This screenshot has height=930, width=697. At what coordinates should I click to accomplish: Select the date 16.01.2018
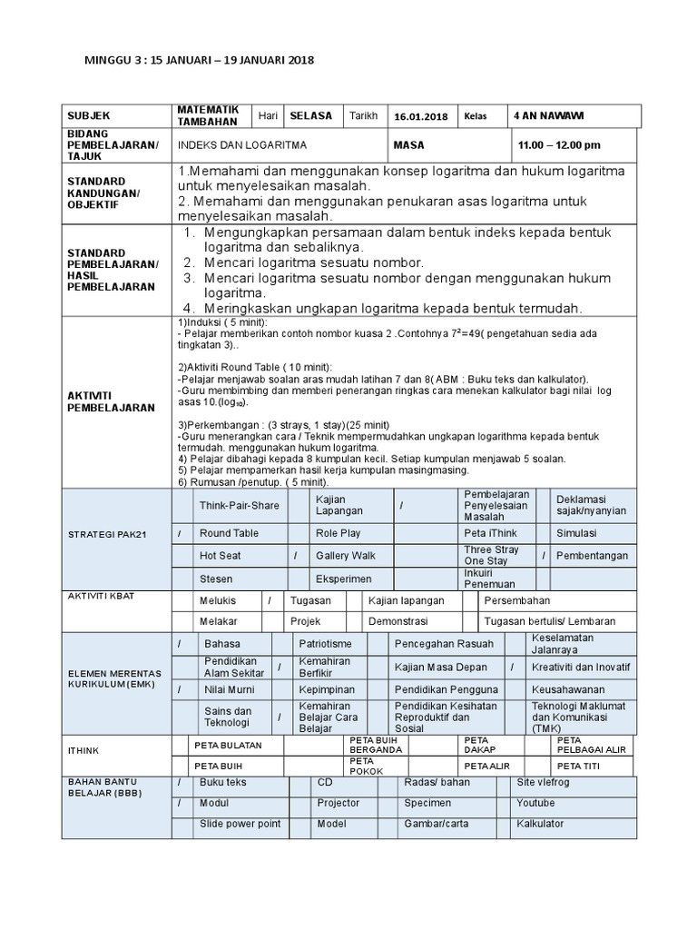421,117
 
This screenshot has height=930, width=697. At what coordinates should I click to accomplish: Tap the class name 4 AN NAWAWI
549,116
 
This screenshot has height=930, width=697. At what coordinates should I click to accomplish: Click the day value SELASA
310,116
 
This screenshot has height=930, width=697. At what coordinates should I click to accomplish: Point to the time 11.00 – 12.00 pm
559,145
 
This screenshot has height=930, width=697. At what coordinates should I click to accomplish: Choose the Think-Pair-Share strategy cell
240,505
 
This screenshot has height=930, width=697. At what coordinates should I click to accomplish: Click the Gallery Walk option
346,555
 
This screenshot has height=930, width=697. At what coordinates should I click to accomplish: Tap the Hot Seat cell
221,555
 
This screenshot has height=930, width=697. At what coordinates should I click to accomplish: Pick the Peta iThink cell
491,533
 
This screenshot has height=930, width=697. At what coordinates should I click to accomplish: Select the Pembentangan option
593,555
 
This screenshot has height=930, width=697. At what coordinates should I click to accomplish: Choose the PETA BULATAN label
228,746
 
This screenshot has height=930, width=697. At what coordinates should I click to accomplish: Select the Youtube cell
535,803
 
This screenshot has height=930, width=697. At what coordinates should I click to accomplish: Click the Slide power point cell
241,824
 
